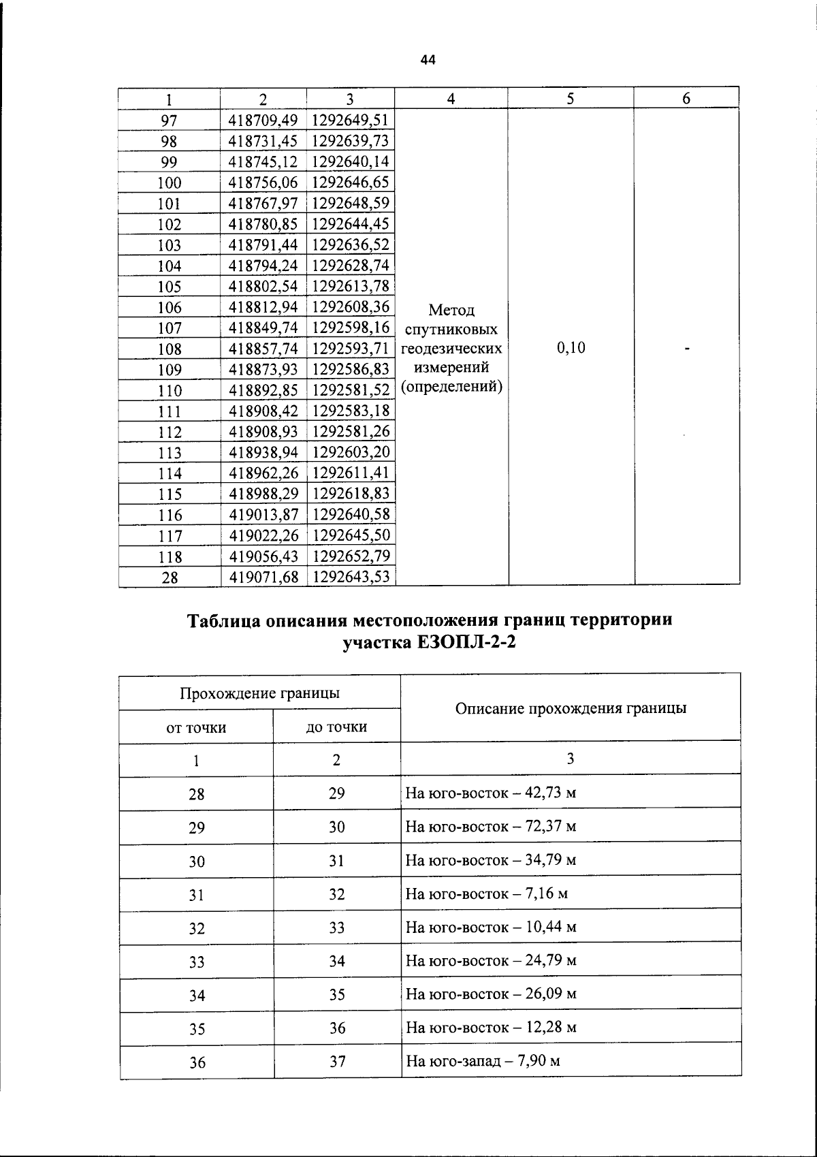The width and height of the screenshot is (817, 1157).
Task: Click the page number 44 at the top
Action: [x=428, y=61]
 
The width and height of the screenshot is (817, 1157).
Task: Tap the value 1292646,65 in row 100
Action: [x=351, y=183]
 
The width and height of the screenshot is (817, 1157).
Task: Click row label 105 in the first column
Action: [x=169, y=287]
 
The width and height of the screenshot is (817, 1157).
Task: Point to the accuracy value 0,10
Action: [x=571, y=349]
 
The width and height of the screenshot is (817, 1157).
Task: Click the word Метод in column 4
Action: [x=451, y=311]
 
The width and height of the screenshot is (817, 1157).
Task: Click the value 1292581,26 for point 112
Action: [x=351, y=432]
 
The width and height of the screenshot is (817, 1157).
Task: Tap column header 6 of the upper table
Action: [x=686, y=99]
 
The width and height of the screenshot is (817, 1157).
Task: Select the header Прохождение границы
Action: [x=259, y=694]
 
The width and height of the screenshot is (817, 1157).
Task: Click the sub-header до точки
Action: [x=336, y=727]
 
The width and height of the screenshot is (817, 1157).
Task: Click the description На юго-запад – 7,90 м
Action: [x=483, y=1061]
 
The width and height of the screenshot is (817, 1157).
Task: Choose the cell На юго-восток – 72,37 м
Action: [x=491, y=827]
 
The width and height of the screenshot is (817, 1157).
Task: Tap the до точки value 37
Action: [x=337, y=1062]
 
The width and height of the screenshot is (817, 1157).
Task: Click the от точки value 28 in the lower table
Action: [x=196, y=794]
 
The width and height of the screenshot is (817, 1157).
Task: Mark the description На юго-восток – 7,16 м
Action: [x=487, y=893]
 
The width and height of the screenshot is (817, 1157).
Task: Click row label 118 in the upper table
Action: [x=169, y=557]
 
